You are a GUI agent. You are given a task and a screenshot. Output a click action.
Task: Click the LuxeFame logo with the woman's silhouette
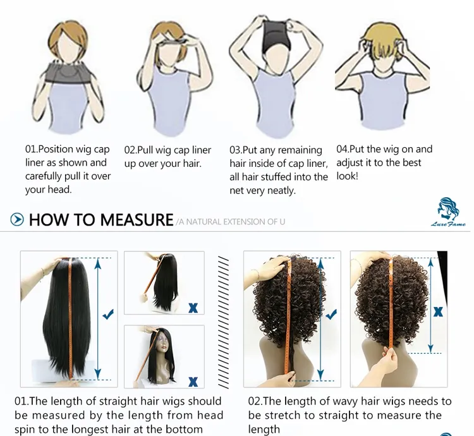(448, 212)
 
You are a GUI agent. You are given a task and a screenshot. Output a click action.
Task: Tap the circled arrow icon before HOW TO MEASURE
(17, 219)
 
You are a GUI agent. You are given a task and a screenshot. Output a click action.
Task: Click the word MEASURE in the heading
(137, 219)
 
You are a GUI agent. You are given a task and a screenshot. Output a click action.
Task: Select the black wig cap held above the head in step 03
(276, 33)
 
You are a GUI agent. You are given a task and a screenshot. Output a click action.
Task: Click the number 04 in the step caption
(343, 149)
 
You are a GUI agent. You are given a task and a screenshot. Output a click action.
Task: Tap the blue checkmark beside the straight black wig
(108, 315)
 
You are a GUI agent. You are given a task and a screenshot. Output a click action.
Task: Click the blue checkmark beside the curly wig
(331, 315)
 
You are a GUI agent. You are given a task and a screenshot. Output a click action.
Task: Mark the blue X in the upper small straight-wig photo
(193, 308)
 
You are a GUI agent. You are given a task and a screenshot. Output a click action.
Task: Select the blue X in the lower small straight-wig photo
(193, 382)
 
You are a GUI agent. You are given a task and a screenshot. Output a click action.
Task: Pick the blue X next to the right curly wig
(438, 312)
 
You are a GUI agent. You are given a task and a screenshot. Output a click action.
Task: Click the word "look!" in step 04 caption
(348, 176)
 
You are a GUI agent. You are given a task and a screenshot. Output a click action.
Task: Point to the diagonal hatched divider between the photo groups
(223, 322)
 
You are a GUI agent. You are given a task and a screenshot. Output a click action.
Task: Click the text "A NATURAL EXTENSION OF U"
(232, 222)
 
